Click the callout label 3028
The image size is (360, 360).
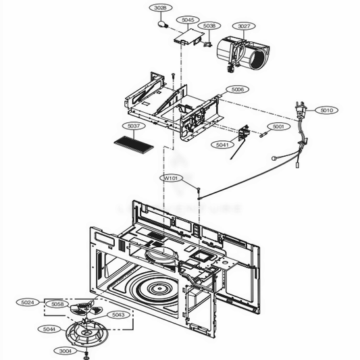(161, 8)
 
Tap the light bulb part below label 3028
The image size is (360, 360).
(163, 24)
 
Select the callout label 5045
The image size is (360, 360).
(188, 20)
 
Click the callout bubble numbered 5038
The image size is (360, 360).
(209, 26)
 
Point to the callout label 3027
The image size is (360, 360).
(244, 26)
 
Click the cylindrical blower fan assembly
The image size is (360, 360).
(243, 54)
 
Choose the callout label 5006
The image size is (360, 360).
(237, 89)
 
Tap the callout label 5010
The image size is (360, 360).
(326, 110)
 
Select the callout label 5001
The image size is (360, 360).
(278, 126)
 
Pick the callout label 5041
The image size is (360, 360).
(222, 145)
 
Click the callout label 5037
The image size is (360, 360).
(133, 126)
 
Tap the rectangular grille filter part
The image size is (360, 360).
(134, 145)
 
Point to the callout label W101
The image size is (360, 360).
(172, 178)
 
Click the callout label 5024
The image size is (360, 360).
(28, 303)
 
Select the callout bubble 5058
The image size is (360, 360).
(57, 304)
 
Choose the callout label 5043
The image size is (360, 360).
(118, 315)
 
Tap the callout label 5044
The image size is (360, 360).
(49, 329)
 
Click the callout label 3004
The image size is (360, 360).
(66, 351)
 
